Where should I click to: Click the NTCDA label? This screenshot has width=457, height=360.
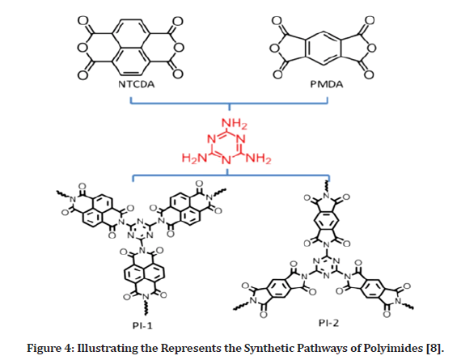pyautogui.click(x=136, y=84)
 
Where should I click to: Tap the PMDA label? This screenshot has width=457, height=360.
pyautogui.click(x=327, y=84)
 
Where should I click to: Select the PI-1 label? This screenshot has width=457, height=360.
pyautogui.click(x=142, y=325)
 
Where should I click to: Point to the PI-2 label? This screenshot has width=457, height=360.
pyautogui.click(x=328, y=323)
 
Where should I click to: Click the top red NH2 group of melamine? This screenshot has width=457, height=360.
pyautogui.click(x=235, y=124)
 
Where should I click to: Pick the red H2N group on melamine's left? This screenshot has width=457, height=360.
pyautogui.click(x=194, y=158)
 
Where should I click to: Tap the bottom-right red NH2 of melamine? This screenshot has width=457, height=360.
pyautogui.click(x=259, y=158)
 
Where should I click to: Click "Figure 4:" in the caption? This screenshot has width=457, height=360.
pyautogui.click(x=50, y=349)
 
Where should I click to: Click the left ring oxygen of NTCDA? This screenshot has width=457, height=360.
pyautogui.click(x=83, y=47)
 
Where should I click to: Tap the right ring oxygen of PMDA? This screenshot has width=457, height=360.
pyautogui.click(x=371, y=48)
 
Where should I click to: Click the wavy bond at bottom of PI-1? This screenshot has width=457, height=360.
pyautogui.click(x=146, y=307)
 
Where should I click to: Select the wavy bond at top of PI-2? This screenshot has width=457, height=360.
pyautogui.click(x=327, y=187)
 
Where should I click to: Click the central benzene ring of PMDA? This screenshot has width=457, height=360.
pyautogui.click(x=323, y=48)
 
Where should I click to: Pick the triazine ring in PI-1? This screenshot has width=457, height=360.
pyautogui.click(x=141, y=230)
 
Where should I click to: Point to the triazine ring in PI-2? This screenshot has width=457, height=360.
pyautogui.click(x=327, y=267)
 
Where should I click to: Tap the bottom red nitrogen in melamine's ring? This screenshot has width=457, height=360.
pyautogui.click(x=226, y=160)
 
